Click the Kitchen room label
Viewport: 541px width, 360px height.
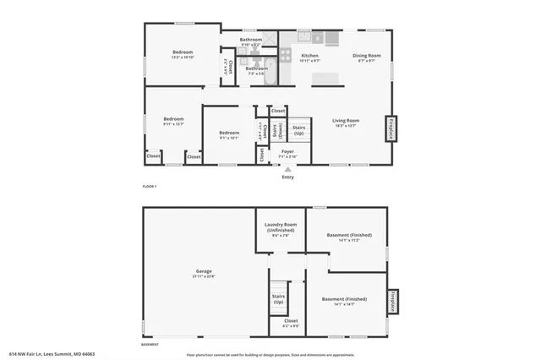(x=310, y=56)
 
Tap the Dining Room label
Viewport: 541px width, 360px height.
(x=368, y=56)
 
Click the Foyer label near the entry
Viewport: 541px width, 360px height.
(x=287, y=152)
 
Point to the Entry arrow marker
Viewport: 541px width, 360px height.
(x=287, y=169)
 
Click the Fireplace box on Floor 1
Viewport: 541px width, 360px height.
(x=390, y=128)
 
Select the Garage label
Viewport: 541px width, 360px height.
(x=205, y=271)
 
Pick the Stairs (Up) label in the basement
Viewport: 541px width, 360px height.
(x=278, y=299)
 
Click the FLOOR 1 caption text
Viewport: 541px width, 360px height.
(x=149, y=185)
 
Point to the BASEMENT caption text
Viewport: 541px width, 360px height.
(x=150, y=344)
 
